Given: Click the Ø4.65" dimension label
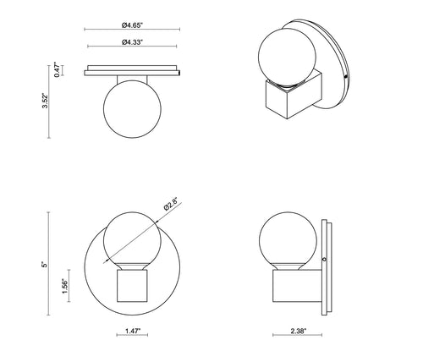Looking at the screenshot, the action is pyautogui.click(x=132, y=25).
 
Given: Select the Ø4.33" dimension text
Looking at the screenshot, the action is pyautogui.click(x=132, y=42).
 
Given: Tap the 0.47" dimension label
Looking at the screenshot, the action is pyautogui.click(x=57, y=69).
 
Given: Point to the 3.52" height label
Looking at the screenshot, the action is pyautogui.click(x=45, y=101).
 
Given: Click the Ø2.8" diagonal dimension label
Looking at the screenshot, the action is pyautogui.click(x=171, y=204).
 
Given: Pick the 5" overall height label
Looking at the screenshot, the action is pyautogui.click(x=44, y=265).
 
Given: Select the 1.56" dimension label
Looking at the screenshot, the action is pyautogui.click(x=65, y=286).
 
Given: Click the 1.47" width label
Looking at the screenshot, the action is pyautogui.click(x=132, y=331).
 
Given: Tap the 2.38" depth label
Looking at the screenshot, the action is pyautogui.click(x=298, y=331).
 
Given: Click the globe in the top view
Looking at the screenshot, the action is pyautogui.click(x=132, y=109).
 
